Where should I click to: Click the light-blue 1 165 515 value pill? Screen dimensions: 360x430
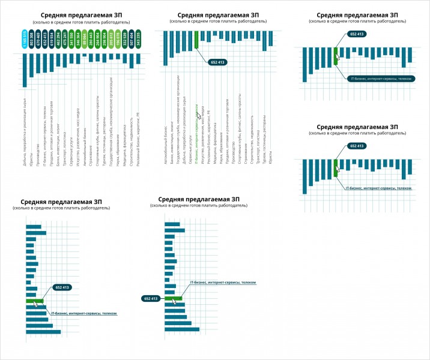25,40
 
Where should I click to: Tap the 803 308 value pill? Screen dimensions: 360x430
31,40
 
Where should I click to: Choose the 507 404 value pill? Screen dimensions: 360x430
132,40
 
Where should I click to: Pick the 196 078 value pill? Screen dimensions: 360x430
118,40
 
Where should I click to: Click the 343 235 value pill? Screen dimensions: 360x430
138,40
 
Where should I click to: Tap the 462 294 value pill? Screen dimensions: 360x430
58,40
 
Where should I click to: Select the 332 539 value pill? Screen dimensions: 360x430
125,40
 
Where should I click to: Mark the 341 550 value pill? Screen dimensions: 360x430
71,40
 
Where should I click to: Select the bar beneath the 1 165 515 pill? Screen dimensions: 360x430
25,70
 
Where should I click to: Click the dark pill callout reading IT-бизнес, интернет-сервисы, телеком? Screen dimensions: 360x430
380,78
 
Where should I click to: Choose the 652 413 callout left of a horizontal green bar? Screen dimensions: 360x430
151,298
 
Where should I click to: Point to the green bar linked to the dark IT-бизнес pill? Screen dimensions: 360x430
336,55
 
